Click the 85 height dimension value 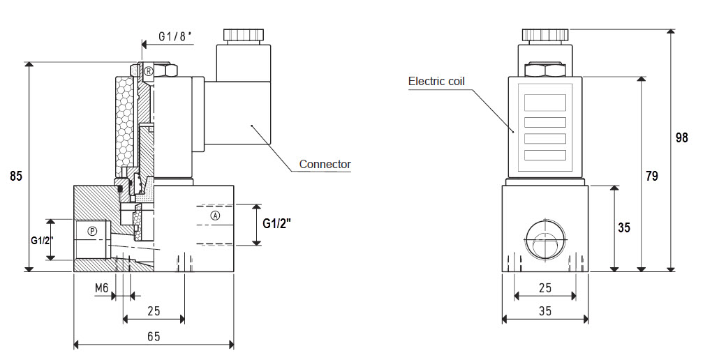(16, 177)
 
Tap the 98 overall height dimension (681, 138)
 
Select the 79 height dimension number (651, 177)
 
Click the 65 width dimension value (154, 336)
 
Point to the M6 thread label (101, 288)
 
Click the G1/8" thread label (175, 37)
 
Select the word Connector (325, 164)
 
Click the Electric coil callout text (436, 82)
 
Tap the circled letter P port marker (93, 230)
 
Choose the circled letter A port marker (215, 216)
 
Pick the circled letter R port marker (148, 71)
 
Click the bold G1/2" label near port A (277, 223)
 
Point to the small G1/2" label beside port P (43, 241)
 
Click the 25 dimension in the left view (154, 310)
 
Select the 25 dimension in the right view (545, 288)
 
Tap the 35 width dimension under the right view (545, 311)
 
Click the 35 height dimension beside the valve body (624, 227)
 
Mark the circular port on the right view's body (545, 239)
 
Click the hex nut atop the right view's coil (545, 70)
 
